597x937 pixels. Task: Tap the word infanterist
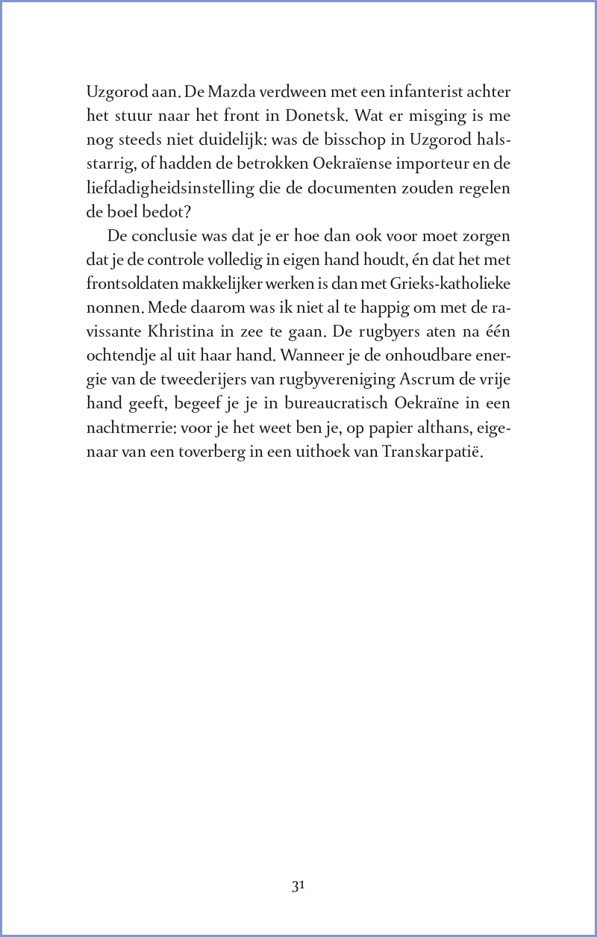coord(400,93)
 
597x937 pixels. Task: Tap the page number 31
coord(298,886)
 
